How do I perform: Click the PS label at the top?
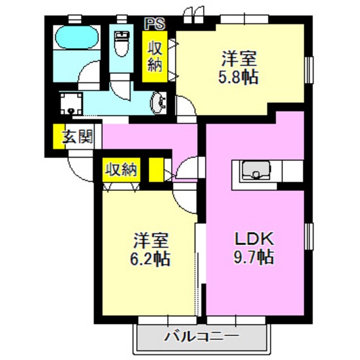pos(154,24)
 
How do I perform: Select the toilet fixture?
pos(120,43)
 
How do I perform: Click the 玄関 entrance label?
pos(78,137)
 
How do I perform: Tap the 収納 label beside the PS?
pos(155,56)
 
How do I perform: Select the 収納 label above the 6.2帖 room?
pos(121,170)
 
